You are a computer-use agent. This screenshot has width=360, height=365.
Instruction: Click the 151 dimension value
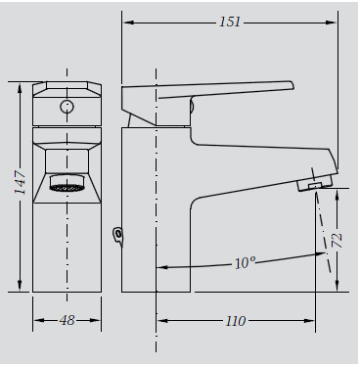(x=230, y=22)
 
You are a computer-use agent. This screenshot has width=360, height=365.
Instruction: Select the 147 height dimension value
(x=20, y=182)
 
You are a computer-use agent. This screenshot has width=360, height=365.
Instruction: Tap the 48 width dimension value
(x=67, y=320)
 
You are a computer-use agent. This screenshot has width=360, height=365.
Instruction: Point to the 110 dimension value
(x=236, y=321)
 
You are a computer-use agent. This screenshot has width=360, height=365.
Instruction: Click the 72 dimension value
(x=337, y=241)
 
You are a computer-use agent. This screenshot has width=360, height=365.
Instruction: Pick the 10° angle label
(x=245, y=263)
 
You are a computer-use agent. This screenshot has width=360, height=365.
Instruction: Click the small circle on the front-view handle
(x=67, y=107)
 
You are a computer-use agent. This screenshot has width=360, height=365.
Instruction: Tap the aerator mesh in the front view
(x=67, y=188)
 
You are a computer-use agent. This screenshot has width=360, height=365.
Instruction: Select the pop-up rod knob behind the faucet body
(x=118, y=236)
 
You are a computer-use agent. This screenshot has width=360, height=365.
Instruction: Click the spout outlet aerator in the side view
(x=315, y=184)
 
